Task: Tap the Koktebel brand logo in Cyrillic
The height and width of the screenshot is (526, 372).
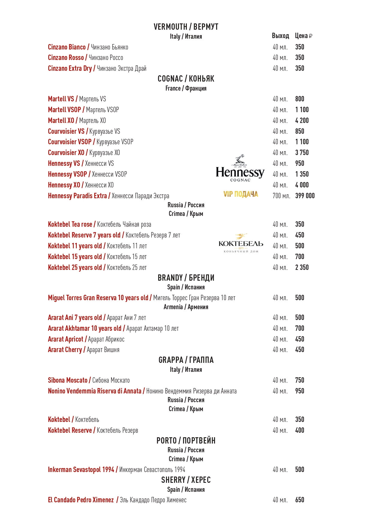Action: pyautogui.click(x=241, y=244)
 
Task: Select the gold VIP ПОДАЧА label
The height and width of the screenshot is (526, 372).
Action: pyautogui.click(x=240, y=194)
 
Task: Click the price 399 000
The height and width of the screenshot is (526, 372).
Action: pyautogui.click(x=305, y=196)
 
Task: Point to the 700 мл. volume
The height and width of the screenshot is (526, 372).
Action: pyautogui.click(x=281, y=196)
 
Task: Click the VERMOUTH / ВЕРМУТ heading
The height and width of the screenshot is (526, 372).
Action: pyautogui.click(x=186, y=27)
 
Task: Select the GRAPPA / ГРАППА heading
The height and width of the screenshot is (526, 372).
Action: pyautogui.click(x=186, y=360)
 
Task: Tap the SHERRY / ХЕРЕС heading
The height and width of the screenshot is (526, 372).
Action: pyautogui.click(x=186, y=480)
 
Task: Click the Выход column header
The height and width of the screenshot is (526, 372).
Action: pyautogui.click(x=280, y=36)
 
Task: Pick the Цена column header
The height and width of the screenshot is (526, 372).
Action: pyautogui.click(x=303, y=36)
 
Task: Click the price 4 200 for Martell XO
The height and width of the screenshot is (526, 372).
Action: pyautogui.click(x=302, y=121)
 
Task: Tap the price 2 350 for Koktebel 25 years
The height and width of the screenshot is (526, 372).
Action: pyautogui.click(x=302, y=267)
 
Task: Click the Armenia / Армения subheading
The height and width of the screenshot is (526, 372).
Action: pyautogui.click(x=186, y=307)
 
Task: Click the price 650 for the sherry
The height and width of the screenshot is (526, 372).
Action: pyautogui.click(x=299, y=500)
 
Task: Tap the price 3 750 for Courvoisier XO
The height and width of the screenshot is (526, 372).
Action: pyautogui.click(x=302, y=153)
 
